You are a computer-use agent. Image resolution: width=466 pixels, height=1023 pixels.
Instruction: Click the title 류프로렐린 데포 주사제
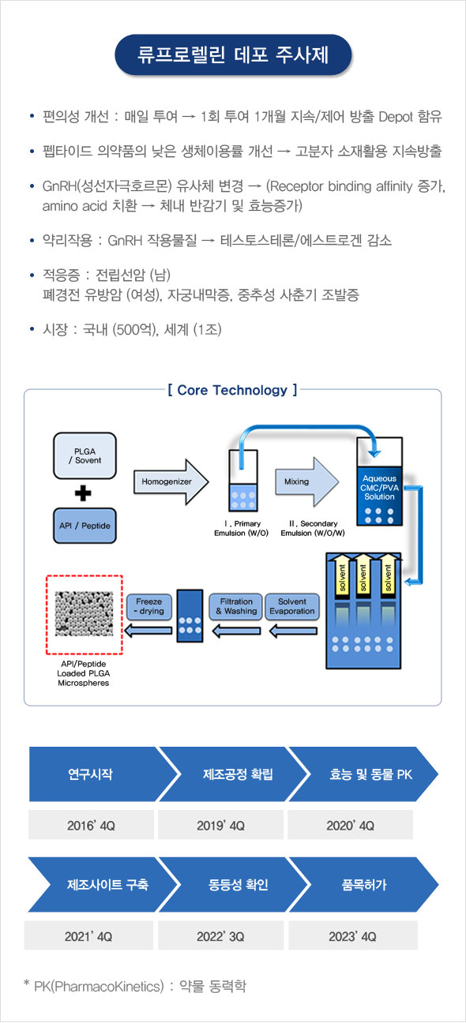tap(233, 54)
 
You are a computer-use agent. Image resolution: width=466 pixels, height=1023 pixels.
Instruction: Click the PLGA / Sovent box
tap(85, 455)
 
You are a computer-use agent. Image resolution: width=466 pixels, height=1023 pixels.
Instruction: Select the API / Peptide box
tap(85, 526)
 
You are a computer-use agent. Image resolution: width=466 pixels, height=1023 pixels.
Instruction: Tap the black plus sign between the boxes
tap(83, 493)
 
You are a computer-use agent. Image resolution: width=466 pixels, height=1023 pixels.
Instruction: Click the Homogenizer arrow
tap(171, 482)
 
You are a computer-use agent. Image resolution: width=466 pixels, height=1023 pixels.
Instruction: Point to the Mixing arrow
tap(306, 482)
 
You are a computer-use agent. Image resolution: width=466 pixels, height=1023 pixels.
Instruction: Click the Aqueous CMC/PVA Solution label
tap(379, 487)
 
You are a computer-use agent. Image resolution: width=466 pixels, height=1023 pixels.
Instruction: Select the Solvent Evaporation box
tap(292, 606)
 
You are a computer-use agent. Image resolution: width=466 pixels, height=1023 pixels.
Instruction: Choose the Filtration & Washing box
tap(236, 606)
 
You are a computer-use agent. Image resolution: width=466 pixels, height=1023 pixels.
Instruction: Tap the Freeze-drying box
tap(149, 606)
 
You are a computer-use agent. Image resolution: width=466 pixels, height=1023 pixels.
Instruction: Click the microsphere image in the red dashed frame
tap(84, 614)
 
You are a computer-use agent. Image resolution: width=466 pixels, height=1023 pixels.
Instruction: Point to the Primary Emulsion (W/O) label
tap(241, 528)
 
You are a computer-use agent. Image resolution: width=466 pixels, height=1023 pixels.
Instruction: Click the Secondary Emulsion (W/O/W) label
tap(313, 528)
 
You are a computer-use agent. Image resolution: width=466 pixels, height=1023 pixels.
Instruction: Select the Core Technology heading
tap(232, 390)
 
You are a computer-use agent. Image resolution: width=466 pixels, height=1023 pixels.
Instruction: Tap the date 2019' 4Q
tap(220, 826)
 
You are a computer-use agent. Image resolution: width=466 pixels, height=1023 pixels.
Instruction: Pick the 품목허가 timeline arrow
tap(364, 885)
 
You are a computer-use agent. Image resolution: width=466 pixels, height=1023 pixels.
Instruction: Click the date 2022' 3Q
tap(220, 937)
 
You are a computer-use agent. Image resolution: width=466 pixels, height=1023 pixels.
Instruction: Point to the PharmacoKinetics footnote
tap(135, 987)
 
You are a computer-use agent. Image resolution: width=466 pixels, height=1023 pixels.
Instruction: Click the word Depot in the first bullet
tap(396, 117)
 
